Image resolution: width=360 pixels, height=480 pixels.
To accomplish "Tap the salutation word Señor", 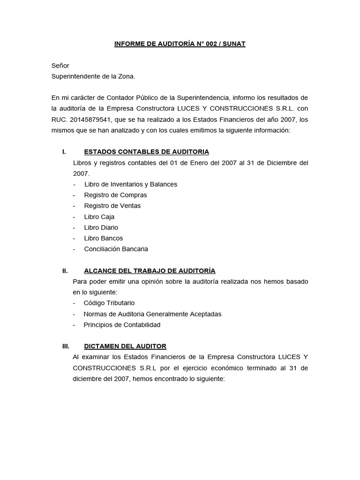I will coord(60,66).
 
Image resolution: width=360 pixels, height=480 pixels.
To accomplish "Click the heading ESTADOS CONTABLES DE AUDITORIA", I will coord(146,152).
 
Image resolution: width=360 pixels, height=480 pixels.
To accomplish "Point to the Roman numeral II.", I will coord(65,271).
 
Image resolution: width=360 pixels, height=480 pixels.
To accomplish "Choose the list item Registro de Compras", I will coord(115,195).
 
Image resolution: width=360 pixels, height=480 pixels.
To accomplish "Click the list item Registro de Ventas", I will coord(112,206).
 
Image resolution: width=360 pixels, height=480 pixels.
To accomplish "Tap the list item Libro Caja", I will coord(99,217).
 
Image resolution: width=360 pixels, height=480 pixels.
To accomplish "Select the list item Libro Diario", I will coord(101,227).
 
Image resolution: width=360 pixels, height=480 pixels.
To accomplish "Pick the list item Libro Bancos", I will coord(103,238).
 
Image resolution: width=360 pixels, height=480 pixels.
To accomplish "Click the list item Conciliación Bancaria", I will coord(116,249).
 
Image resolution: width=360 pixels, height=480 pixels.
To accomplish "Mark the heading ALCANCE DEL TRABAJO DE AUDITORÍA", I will coord(150,271).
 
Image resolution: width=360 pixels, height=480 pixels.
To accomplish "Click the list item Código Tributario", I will coord(109,303).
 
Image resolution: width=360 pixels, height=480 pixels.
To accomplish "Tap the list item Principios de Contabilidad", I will coord(122,325).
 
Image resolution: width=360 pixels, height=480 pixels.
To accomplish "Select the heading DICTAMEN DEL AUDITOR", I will coord(125,346).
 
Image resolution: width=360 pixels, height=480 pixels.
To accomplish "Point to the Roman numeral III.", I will coord(66,346).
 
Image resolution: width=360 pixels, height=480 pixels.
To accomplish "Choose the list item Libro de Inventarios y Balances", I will coord(130,184).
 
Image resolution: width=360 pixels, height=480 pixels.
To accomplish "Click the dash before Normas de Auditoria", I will coord(74,314).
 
